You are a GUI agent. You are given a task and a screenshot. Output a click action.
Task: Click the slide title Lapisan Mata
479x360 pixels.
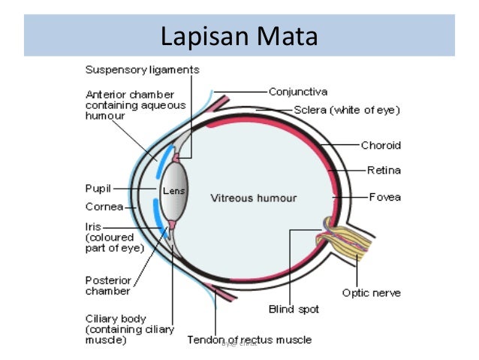(x=239, y=35)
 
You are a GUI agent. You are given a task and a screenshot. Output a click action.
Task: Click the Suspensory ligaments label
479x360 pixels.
(x=142, y=70)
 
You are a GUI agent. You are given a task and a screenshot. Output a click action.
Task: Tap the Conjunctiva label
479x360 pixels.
(x=298, y=92)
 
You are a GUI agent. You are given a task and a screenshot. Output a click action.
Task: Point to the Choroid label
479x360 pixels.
(x=381, y=145)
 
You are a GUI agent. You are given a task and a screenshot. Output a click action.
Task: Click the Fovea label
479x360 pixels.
(x=384, y=197)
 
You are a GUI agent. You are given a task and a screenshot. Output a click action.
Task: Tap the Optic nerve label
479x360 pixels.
(x=371, y=292)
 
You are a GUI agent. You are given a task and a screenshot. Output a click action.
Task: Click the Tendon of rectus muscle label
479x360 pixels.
(x=249, y=340)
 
